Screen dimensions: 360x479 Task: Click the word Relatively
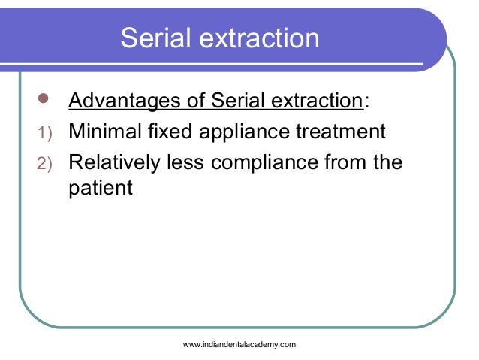point(115,162)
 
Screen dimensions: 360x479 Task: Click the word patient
point(100,188)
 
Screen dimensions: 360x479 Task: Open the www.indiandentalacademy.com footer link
point(239,344)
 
